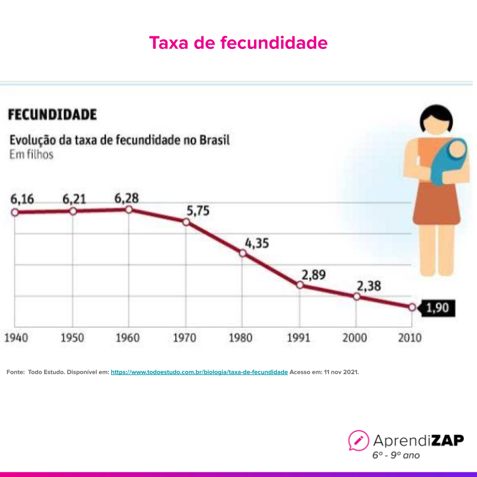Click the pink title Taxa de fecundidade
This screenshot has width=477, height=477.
[x=238, y=43]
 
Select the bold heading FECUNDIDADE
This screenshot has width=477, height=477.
[x=52, y=114]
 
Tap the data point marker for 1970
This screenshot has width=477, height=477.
[x=186, y=222]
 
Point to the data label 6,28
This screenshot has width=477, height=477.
[x=126, y=197]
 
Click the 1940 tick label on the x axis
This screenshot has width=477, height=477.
[x=17, y=337]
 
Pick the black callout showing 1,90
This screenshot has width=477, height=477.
[x=440, y=308]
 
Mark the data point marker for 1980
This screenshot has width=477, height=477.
[x=243, y=253]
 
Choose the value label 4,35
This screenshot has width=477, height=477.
[x=257, y=243]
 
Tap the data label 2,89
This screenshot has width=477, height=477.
[x=314, y=275]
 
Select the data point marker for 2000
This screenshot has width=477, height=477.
[x=357, y=296]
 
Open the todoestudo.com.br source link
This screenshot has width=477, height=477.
[x=199, y=371]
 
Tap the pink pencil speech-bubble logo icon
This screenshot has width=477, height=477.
[x=358, y=441]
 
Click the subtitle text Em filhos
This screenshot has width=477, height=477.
[x=31, y=155]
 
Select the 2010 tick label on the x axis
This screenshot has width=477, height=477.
[x=409, y=337]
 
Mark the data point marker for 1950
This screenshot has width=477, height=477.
[x=73, y=211]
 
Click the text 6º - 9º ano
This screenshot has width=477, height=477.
[x=396, y=455]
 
